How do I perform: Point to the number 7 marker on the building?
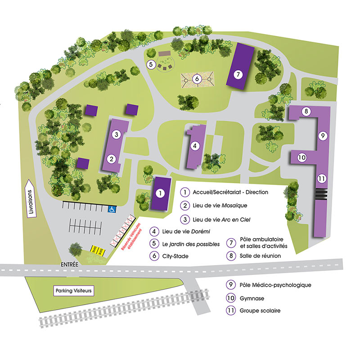click(238, 74)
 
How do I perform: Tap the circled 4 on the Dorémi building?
click(195, 146)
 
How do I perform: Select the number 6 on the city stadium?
click(196, 79)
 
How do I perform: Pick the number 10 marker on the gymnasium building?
click(301, 157)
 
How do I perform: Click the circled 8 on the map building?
click(306, 111)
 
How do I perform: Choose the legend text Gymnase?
click(252, 298)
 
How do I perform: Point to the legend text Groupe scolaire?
click(260, 310)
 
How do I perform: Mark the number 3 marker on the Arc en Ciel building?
click(116, 134)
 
